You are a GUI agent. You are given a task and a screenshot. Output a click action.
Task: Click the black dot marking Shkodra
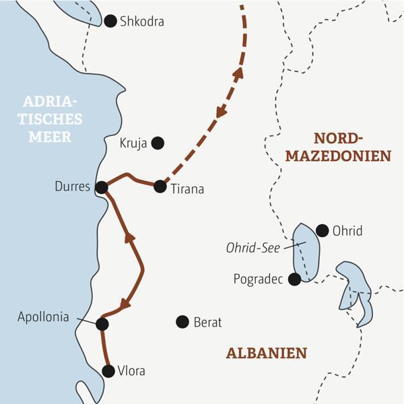(x=110, y=22)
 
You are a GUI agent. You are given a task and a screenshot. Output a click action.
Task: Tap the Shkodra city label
(x=141, y=22)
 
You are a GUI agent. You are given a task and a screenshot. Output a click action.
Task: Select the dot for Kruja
(x=157, y=142)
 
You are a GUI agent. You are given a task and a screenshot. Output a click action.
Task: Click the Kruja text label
(x=132, y=143)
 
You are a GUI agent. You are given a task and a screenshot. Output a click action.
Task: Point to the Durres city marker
(x=101, y=187)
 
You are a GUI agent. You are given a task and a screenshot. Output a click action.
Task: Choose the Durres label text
(x=72, y=187)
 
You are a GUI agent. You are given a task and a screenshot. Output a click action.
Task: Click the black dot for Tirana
(x=160, y=187)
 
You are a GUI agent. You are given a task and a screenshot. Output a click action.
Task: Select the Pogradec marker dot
(x=294, y=278)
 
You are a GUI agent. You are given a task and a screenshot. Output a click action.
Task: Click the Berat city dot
(x=182, y=322)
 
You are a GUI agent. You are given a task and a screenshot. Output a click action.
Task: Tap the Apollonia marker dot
(x=102, y=324)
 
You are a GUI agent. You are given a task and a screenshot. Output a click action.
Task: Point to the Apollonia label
(x=43, y=317)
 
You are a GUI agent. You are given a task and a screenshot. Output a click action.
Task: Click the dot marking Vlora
(x=108, y=370)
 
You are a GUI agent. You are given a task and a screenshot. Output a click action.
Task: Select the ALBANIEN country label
(x=266, y=353)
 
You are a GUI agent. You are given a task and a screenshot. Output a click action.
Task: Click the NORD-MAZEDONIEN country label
(x=338, y=147)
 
